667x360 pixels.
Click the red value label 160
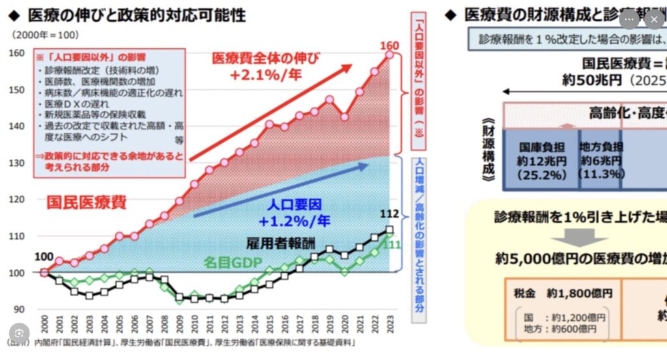390,46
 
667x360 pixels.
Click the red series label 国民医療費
86,202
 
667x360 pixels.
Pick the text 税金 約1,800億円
561,294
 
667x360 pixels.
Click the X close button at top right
654,20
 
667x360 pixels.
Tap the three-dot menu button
629,20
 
